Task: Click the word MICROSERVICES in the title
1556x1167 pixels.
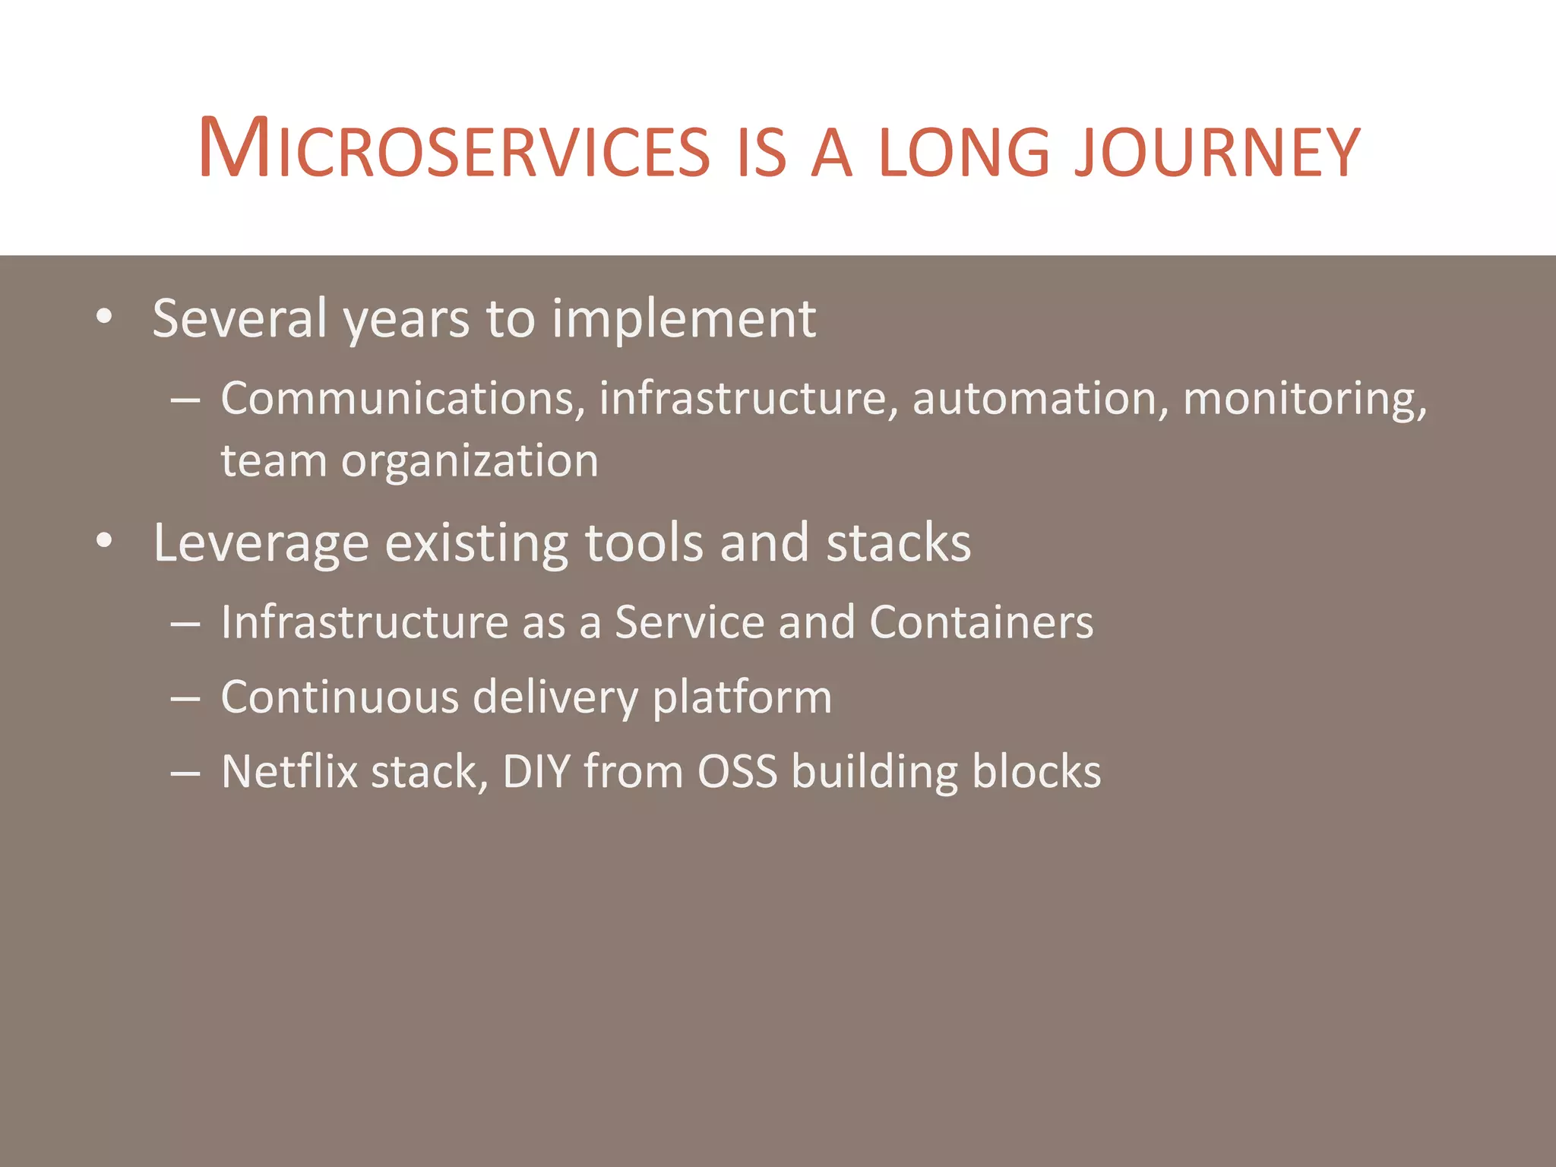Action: point(454,150)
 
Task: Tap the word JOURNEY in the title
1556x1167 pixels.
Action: point(1216,152)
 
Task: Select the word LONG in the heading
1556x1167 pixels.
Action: point(964,152)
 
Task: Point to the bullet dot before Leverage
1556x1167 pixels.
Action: point(105,541)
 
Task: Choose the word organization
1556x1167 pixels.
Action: point(470,461)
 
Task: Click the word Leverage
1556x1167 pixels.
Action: point(261,544)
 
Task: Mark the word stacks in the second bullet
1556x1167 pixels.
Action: point(898,542)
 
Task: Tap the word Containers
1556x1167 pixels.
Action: point(981,622)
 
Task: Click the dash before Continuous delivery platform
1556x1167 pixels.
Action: point(185,698)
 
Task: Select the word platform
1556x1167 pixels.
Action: point(742,698)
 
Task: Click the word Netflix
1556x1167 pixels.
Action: point(289,771)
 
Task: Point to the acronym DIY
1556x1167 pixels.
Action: point(536,771)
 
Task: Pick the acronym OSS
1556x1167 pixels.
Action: point(737,771)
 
